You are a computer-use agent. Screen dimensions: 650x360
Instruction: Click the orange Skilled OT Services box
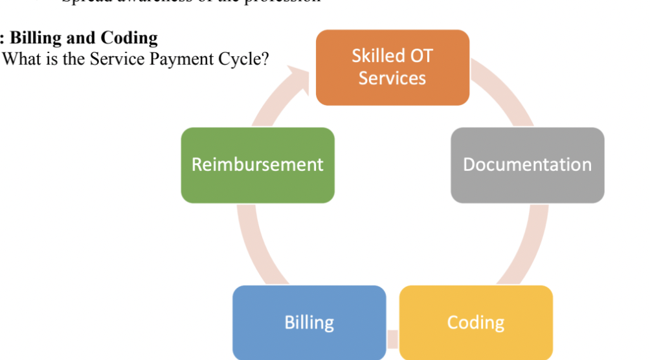392,67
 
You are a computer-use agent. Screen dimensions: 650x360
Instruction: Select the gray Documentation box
527,165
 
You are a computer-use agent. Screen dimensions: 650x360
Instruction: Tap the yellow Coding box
476,322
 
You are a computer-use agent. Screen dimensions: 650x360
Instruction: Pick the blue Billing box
309,322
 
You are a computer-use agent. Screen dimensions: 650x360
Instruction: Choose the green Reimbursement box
258,165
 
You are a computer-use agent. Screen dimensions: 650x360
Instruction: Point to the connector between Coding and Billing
392,337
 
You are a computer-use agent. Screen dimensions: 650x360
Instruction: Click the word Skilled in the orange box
374,56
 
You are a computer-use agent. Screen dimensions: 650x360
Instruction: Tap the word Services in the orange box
392,78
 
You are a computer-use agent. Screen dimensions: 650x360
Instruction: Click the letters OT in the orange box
421,56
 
